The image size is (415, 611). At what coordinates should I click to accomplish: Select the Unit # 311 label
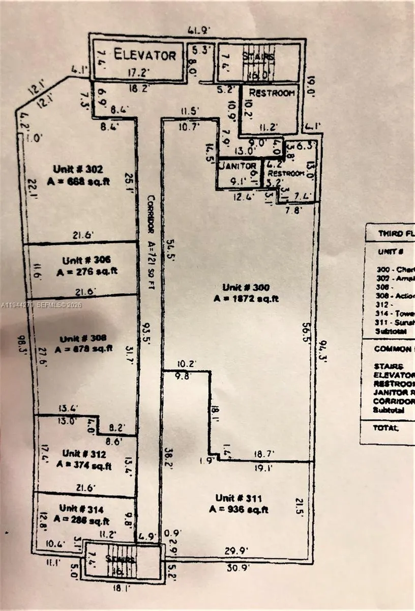[x=238, y=498]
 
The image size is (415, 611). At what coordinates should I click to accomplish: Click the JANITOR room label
[x=237, y=166]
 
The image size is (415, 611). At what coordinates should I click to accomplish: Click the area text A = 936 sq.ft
[x=238, y=509]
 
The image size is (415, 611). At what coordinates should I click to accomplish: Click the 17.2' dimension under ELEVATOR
[x=137, y=73]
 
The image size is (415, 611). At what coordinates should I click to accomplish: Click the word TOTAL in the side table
[x=387, y=428]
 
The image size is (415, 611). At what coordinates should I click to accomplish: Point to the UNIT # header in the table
[x=391, y=252]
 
